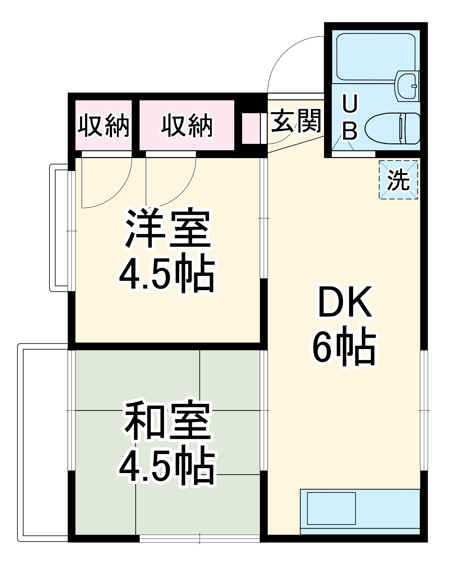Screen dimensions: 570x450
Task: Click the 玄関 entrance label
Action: click(296, 121)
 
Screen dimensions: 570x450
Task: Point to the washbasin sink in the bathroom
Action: click(407, 85)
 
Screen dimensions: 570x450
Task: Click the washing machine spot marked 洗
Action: click(398, 180)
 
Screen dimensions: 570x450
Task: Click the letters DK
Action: click(345, 302)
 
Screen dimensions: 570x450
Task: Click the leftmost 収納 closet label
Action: click(103, 125)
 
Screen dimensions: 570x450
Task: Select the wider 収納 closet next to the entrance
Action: click(187, 125)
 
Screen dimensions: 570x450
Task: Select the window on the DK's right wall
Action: click(424, 410)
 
